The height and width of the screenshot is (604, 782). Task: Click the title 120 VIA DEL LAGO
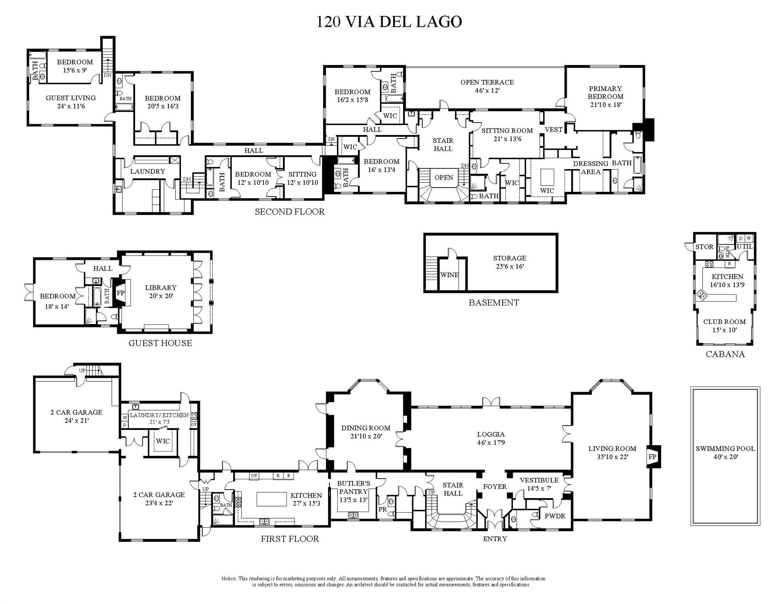389,22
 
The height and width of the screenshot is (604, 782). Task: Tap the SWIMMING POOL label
725,449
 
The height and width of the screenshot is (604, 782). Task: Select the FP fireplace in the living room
652,457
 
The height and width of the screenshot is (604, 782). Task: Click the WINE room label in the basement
449,275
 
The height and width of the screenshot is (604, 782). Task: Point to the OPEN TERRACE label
487,82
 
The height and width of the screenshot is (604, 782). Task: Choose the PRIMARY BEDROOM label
605,92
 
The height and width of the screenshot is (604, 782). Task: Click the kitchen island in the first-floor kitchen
272,499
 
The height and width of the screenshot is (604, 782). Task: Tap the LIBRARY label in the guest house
161,287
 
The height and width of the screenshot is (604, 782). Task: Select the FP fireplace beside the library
120,293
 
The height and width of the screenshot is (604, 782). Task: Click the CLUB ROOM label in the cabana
724,322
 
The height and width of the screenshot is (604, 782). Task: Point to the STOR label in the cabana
704,247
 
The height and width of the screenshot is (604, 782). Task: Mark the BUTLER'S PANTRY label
353,488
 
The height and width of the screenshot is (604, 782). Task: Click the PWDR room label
555,516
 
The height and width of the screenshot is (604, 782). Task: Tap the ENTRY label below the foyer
495,539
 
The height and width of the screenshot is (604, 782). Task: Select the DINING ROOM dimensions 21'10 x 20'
366,436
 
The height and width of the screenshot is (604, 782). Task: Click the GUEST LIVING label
71,98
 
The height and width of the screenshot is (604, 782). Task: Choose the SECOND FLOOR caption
290,212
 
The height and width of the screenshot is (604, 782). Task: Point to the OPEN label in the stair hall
444,177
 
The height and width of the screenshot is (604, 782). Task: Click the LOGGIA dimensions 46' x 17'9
491,442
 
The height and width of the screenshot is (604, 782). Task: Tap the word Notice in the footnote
229,578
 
